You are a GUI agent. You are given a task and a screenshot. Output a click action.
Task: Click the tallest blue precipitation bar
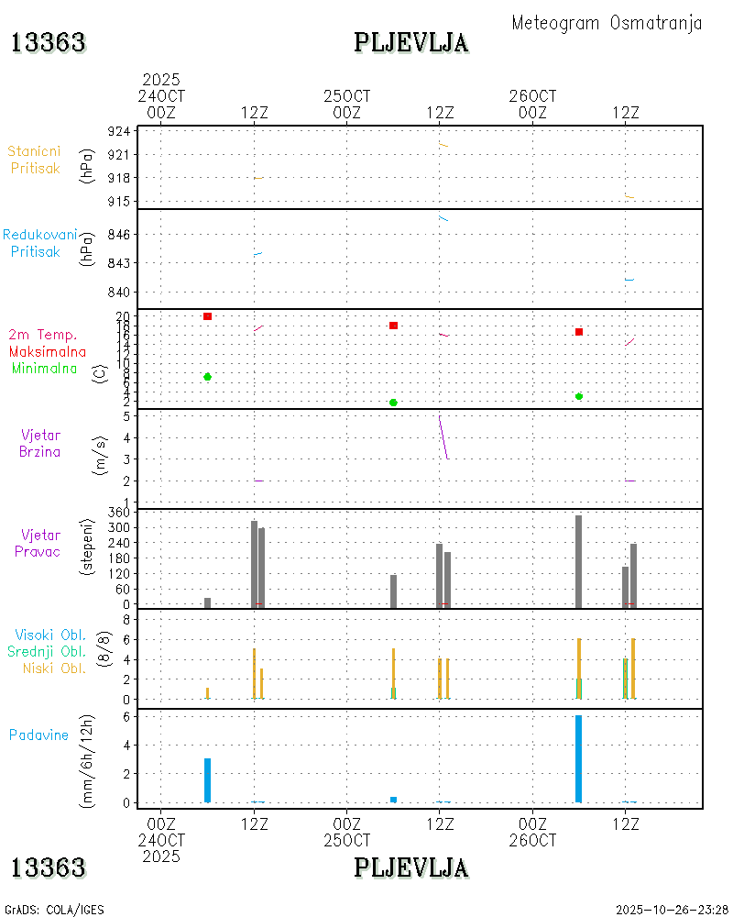(578, 758)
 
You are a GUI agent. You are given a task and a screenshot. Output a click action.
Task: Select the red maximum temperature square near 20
(208, 316)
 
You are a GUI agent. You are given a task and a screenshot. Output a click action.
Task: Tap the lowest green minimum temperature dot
(393, 403)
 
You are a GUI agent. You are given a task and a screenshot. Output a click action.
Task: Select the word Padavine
(38, 735)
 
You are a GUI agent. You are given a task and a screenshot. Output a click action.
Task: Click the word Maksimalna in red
(48, 352)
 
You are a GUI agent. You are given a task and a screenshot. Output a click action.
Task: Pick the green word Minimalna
(49, 369)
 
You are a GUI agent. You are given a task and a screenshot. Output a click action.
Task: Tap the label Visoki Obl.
(49, 635)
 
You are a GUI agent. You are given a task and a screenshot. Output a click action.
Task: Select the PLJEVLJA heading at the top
(411, 43)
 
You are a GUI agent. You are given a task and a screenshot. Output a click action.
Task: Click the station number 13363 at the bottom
(48, 867)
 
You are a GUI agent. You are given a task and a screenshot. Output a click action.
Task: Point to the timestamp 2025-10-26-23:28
(672, 910)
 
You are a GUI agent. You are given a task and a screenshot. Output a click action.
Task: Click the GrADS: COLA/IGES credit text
(54, 910)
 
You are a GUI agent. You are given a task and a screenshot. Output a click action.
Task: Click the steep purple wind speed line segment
(443, 438)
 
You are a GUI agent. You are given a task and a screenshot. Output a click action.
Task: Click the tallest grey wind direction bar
(578, 561)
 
